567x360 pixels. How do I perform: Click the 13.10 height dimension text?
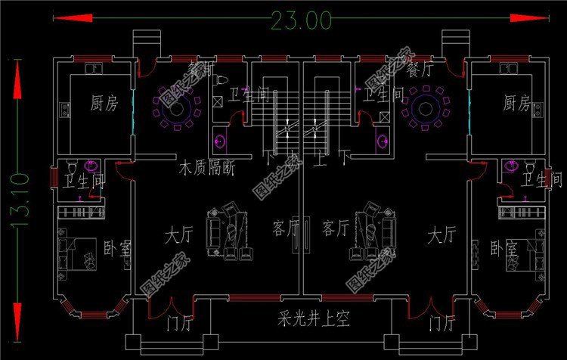point(20,200)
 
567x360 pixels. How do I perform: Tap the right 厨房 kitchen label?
point(516,103)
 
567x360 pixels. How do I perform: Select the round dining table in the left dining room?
point(179,108)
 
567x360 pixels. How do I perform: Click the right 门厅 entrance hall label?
point(441,325)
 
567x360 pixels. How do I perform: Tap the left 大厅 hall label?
point(178,235)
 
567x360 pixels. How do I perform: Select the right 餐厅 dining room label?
point(420,70)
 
